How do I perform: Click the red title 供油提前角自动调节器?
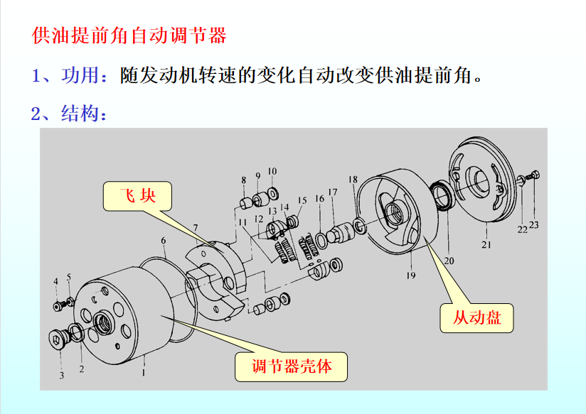(x=129, y=36)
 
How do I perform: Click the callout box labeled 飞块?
(x=137, y=196)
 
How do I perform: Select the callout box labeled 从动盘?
(x=476, y=318)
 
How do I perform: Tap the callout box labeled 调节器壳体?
(x=291, y=366)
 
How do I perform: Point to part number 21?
(x=486, y=245)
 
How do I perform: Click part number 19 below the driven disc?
(x=411, y=276)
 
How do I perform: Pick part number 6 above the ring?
(x=164, y=241)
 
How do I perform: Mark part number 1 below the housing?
(x=143, y=372)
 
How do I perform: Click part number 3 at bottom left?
(x=62, y=375)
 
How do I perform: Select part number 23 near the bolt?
(x=534, y=225)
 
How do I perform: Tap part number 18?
(x=353, y=180)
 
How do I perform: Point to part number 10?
(x=272, y=171)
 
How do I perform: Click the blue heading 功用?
(x=80, y=75)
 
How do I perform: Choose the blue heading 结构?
(x=80, y=113)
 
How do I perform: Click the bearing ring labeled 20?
(x=443, y=195)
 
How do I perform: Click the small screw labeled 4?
(x=58, y=307)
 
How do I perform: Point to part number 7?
(x=195, y=228)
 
